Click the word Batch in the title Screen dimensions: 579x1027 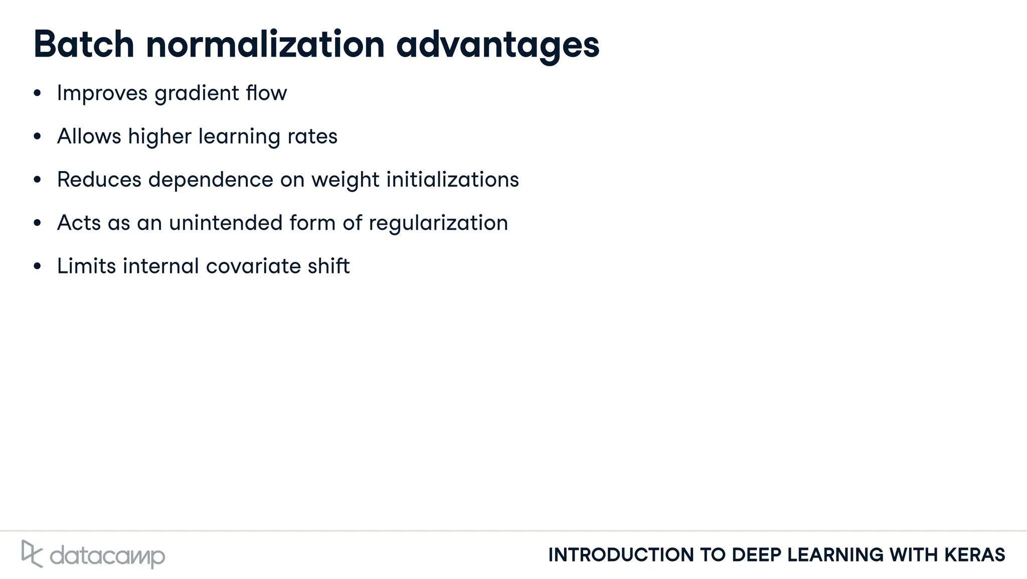pyautogui.click(x=84, y=45)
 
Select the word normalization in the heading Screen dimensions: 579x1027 pyautogui.click(x=265, y=45)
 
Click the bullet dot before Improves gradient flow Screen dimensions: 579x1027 pyautogui.click(x=37, y=93)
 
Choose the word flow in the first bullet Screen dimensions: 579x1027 pyautogui.click(x=266, y=93)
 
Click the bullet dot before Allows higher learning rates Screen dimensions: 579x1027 pyautogui.click(x=37, y=136)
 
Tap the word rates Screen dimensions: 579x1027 pyautogui.click(x=312, y=137)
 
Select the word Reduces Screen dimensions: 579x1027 pyautogui.click(x=99, y=180)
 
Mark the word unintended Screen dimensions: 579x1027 pyautogui.click(x=226, y=223)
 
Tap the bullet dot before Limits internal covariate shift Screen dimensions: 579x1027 pyautogui.click(x=37, y=266)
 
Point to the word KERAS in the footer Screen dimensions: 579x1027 pyautogui.click(x=975, y=555)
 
